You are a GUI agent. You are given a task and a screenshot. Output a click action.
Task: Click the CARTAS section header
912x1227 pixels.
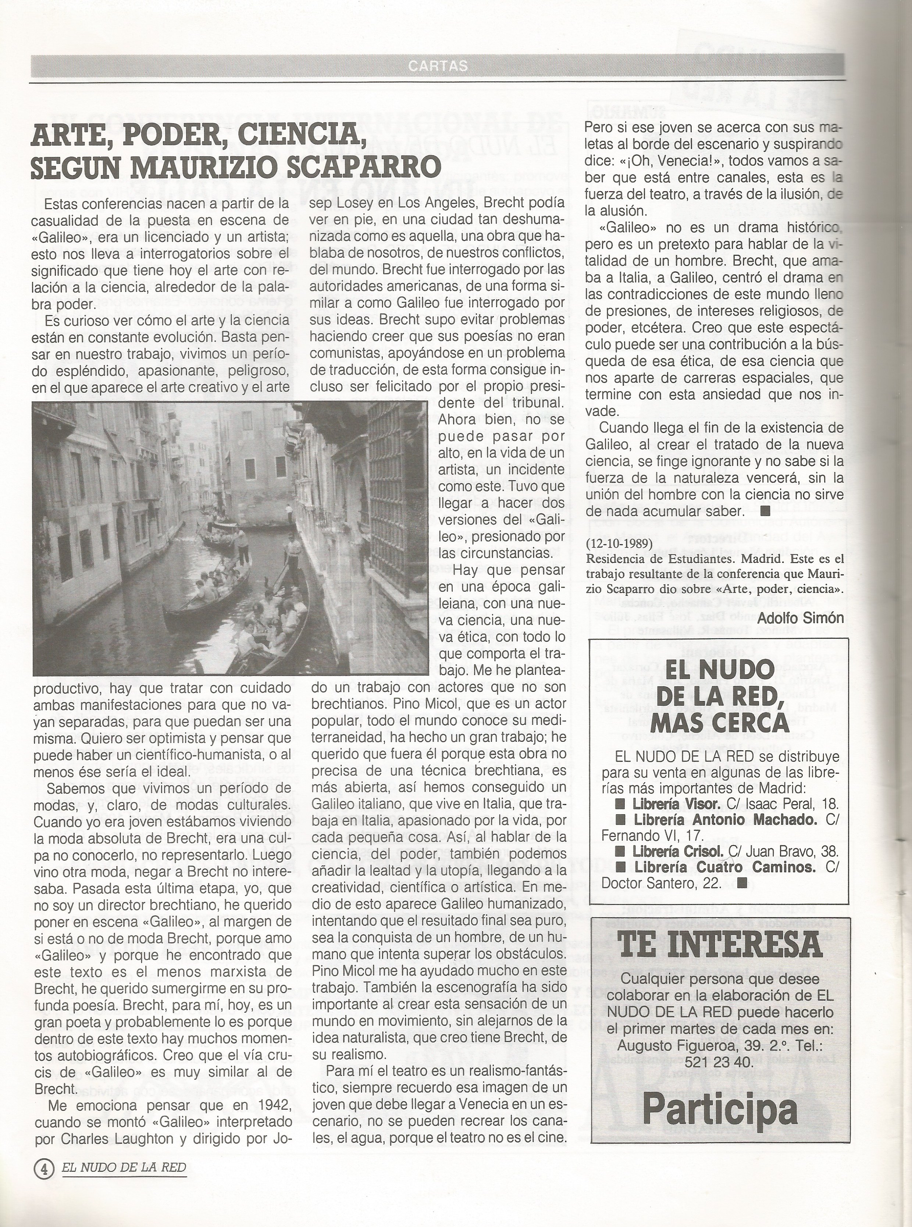click(x=438, y=66)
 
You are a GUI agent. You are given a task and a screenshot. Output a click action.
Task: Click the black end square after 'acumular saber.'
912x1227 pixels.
click(x=765, y=511)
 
